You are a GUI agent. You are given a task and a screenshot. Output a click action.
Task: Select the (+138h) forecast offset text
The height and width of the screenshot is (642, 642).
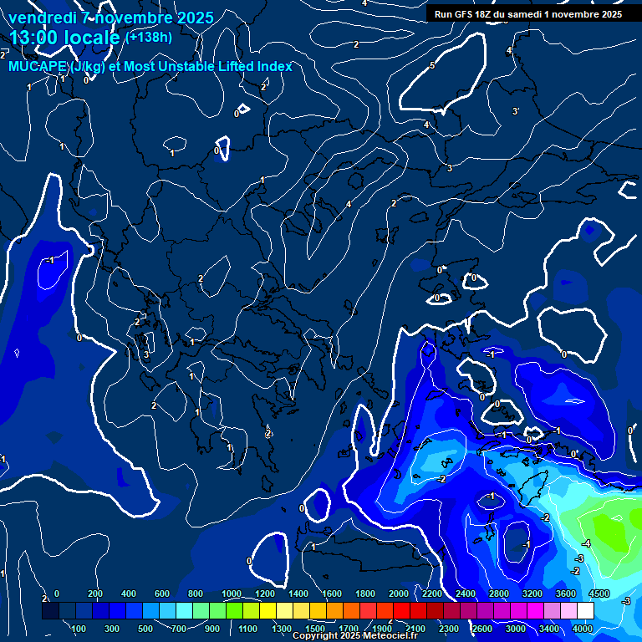click(149, 37)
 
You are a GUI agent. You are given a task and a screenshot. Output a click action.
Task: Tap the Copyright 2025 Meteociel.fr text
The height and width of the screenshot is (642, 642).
click(355, 636)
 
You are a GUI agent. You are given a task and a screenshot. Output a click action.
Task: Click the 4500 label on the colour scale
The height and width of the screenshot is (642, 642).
click(599, 594)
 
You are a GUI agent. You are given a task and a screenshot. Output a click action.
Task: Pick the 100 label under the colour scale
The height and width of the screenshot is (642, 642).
click(79, 629)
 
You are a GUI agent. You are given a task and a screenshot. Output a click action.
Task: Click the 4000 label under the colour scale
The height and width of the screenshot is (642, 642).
click(583, 629)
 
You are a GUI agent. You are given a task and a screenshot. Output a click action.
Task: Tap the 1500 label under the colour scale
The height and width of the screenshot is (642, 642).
click(314, 629)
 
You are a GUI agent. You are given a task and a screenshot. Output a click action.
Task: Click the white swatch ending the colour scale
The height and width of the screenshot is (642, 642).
click(584, 611)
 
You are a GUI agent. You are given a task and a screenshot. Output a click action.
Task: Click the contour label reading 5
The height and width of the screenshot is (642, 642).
click(432, 65)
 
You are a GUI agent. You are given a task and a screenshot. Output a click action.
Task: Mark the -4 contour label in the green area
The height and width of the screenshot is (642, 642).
click(586, 543)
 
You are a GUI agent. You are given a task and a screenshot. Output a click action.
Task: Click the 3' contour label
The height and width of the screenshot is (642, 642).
click(516, 111)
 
